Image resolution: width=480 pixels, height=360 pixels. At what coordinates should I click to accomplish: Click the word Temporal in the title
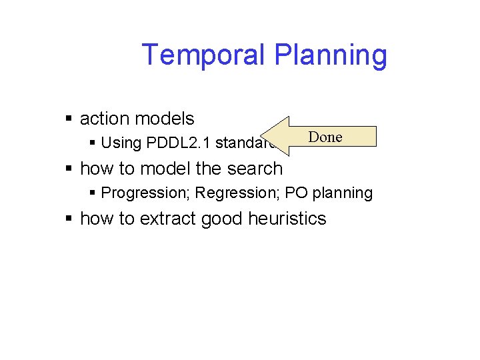tap(201, 55)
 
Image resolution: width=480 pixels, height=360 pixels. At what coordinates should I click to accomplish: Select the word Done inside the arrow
tap(325, 137)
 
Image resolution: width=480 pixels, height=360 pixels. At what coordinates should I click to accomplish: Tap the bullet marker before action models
tap(69, 119)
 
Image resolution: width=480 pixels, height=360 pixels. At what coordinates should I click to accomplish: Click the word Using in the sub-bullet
tap(121, 143)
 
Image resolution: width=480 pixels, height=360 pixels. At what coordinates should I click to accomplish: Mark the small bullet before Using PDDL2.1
tap(93, 143)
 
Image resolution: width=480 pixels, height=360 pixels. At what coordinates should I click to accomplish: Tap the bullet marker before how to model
tap(69, 169)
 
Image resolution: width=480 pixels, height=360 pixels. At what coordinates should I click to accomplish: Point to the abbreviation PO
tap(289, 193)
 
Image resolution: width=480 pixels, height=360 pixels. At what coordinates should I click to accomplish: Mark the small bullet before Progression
tap(93, 193)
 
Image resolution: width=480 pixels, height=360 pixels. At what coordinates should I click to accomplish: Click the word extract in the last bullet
tap(172, 219)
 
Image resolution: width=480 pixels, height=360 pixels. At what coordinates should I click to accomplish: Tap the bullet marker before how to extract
tap(69, 219)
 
